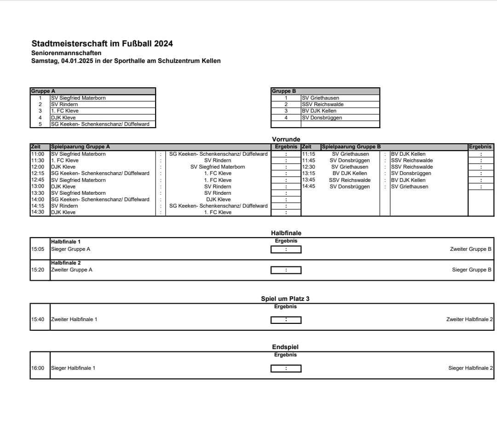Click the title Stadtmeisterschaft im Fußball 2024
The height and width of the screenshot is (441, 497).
102,44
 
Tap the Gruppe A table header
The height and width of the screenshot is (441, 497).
43,91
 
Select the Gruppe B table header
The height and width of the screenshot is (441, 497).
284,91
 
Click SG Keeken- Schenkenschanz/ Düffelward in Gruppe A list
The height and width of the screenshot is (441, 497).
100,124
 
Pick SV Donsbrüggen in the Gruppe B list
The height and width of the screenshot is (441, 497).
322,118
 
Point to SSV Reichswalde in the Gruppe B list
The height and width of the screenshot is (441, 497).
323,104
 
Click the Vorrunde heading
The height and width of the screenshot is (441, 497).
286,139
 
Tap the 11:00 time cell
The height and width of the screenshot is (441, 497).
38,154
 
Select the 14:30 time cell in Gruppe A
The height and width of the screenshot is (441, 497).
38,212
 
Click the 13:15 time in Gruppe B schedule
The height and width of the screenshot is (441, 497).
308,173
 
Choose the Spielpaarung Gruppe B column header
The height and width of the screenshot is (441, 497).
351,147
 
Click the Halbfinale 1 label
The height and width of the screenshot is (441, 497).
66,241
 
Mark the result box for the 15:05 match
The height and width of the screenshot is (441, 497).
286,249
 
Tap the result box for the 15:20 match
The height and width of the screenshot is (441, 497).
286,270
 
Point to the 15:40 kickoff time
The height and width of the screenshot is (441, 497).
38,319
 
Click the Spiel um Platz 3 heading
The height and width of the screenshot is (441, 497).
285,299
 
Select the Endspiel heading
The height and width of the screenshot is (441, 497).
285,347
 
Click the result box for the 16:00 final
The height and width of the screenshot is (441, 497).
286,368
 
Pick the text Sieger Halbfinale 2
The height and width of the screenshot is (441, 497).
470,368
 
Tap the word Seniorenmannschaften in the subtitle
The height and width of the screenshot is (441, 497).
66,53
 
